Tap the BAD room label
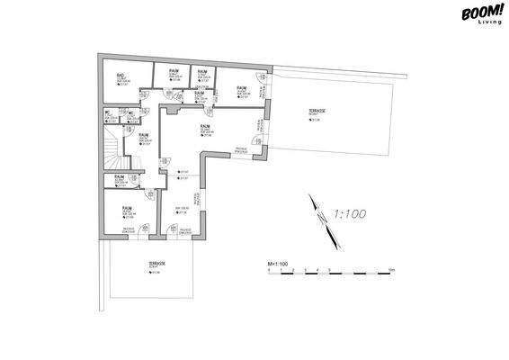[121, 76]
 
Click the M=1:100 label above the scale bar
[278, 264]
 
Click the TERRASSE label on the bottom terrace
[155, 264]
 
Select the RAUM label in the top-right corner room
[241, 86]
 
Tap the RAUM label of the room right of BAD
[171, 70]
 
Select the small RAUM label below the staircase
[119, 176]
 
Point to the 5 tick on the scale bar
[329, 271]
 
